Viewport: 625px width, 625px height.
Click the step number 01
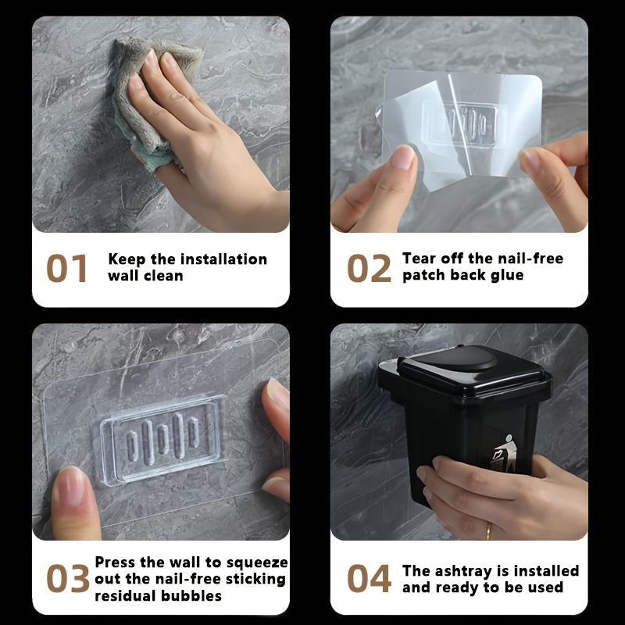click(x=66, y=268)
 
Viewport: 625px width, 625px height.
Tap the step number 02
click(x=369, y=268)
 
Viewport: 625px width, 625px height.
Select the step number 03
click(x=68, y=578)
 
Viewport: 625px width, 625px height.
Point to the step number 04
click(x=369, y=578)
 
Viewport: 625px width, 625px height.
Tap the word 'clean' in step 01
click(x=163, y=276)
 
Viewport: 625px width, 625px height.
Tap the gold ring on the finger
click(x=489, y=531)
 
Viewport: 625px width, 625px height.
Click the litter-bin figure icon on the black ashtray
click(x=503, y=454)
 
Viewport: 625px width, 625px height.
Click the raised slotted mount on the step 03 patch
click(x=162, y=439)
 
